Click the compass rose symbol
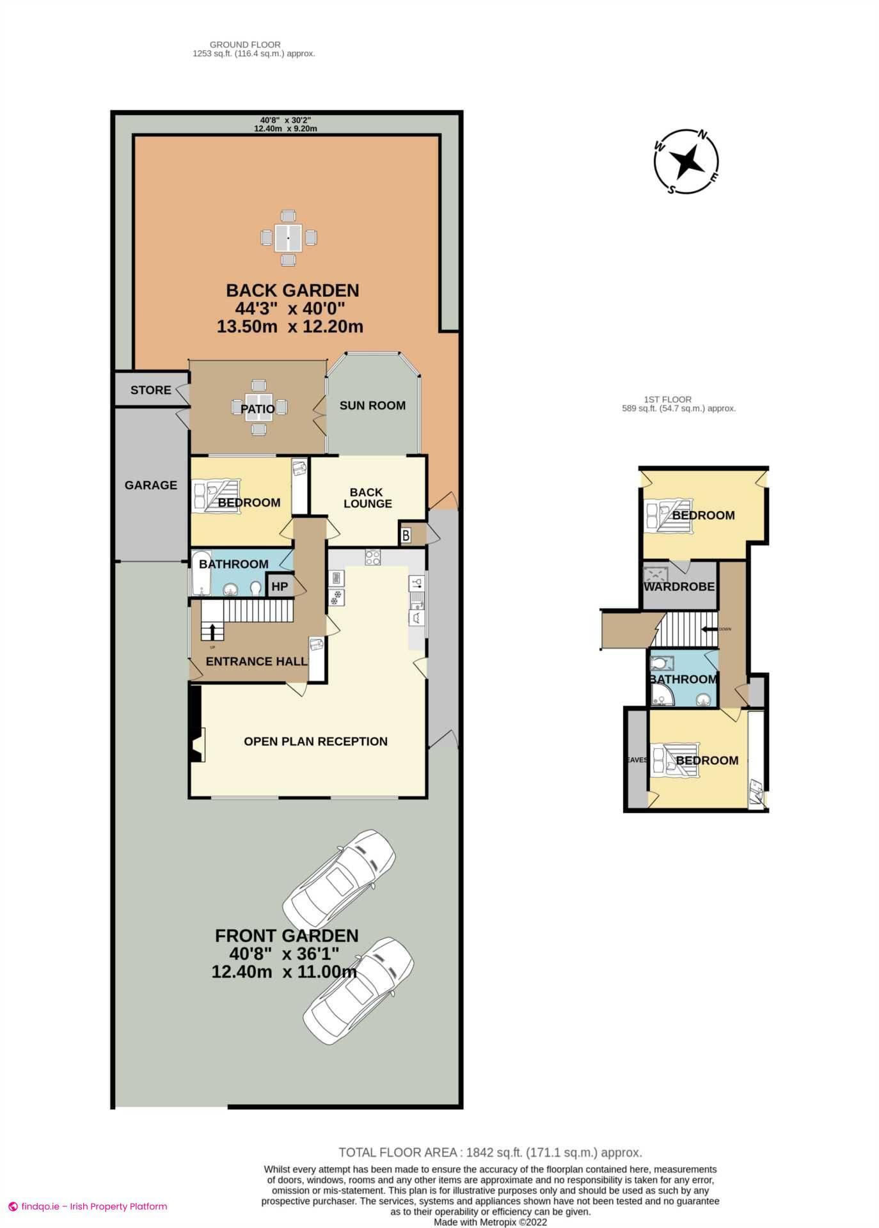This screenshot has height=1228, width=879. tap(686, 161)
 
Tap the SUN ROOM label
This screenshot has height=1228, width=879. tap(372, 405)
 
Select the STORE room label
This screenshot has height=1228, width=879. tap(150, 390)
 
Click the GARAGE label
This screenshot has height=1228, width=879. tap(150, 485)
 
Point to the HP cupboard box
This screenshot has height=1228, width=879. tap(280, 586)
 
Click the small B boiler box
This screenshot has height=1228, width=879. tap(406, 535)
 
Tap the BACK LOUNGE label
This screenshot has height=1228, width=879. tap(367, 498)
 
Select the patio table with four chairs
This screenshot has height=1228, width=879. tap(258, 407)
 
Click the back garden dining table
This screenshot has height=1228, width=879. tap(289, 238)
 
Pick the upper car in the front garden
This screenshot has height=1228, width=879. tap(339, 877)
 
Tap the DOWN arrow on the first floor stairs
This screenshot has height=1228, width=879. tap(708, 629)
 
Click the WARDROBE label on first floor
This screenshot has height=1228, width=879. tap(679, 586)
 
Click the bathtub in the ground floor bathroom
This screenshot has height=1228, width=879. tap(200, 574)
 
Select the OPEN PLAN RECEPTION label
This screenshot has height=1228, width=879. tap(315, 741)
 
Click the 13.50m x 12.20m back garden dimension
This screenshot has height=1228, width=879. tap(290, 327)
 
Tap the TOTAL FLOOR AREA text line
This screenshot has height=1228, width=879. tap(490, 1153)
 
